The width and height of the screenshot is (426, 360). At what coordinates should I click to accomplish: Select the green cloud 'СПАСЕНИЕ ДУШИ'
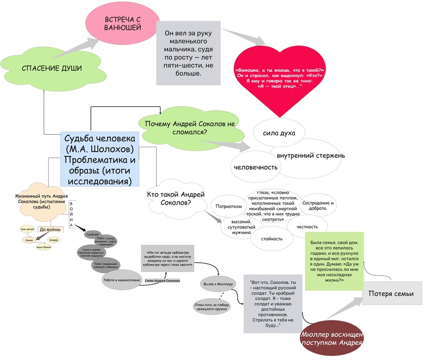point(51,68)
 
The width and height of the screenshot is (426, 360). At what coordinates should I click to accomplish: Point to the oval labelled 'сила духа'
point(278,134)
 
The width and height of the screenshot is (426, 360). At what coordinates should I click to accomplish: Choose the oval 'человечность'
point(256,167)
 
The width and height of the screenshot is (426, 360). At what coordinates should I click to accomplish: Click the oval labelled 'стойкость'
point(272,239)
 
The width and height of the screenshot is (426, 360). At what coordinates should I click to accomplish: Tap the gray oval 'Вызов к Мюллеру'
point(218,283)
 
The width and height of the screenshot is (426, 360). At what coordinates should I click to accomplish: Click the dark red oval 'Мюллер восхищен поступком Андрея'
point(332,339)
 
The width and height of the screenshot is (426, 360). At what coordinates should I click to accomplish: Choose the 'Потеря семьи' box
point(392,294)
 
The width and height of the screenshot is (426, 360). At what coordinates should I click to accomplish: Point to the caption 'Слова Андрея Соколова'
point(162,281)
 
